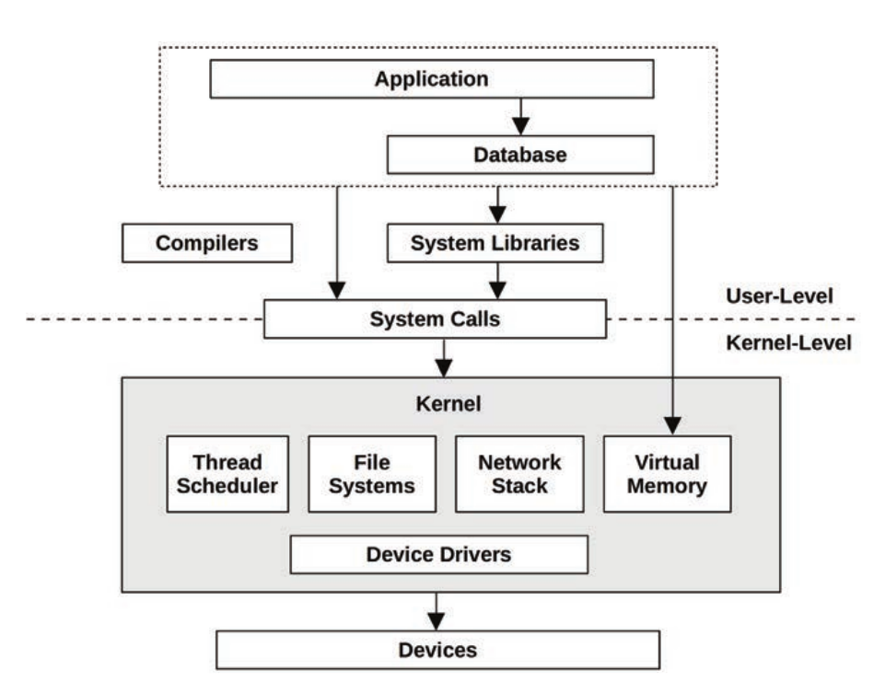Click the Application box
432,79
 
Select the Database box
520,155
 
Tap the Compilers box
207,244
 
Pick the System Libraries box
495,244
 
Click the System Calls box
435,319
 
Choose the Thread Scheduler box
227,474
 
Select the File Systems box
372,474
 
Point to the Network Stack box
519,474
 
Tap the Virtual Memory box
667,474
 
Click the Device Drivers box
438,554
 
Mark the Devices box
438,650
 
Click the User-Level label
779,296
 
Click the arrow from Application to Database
521,116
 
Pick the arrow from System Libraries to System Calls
497,280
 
